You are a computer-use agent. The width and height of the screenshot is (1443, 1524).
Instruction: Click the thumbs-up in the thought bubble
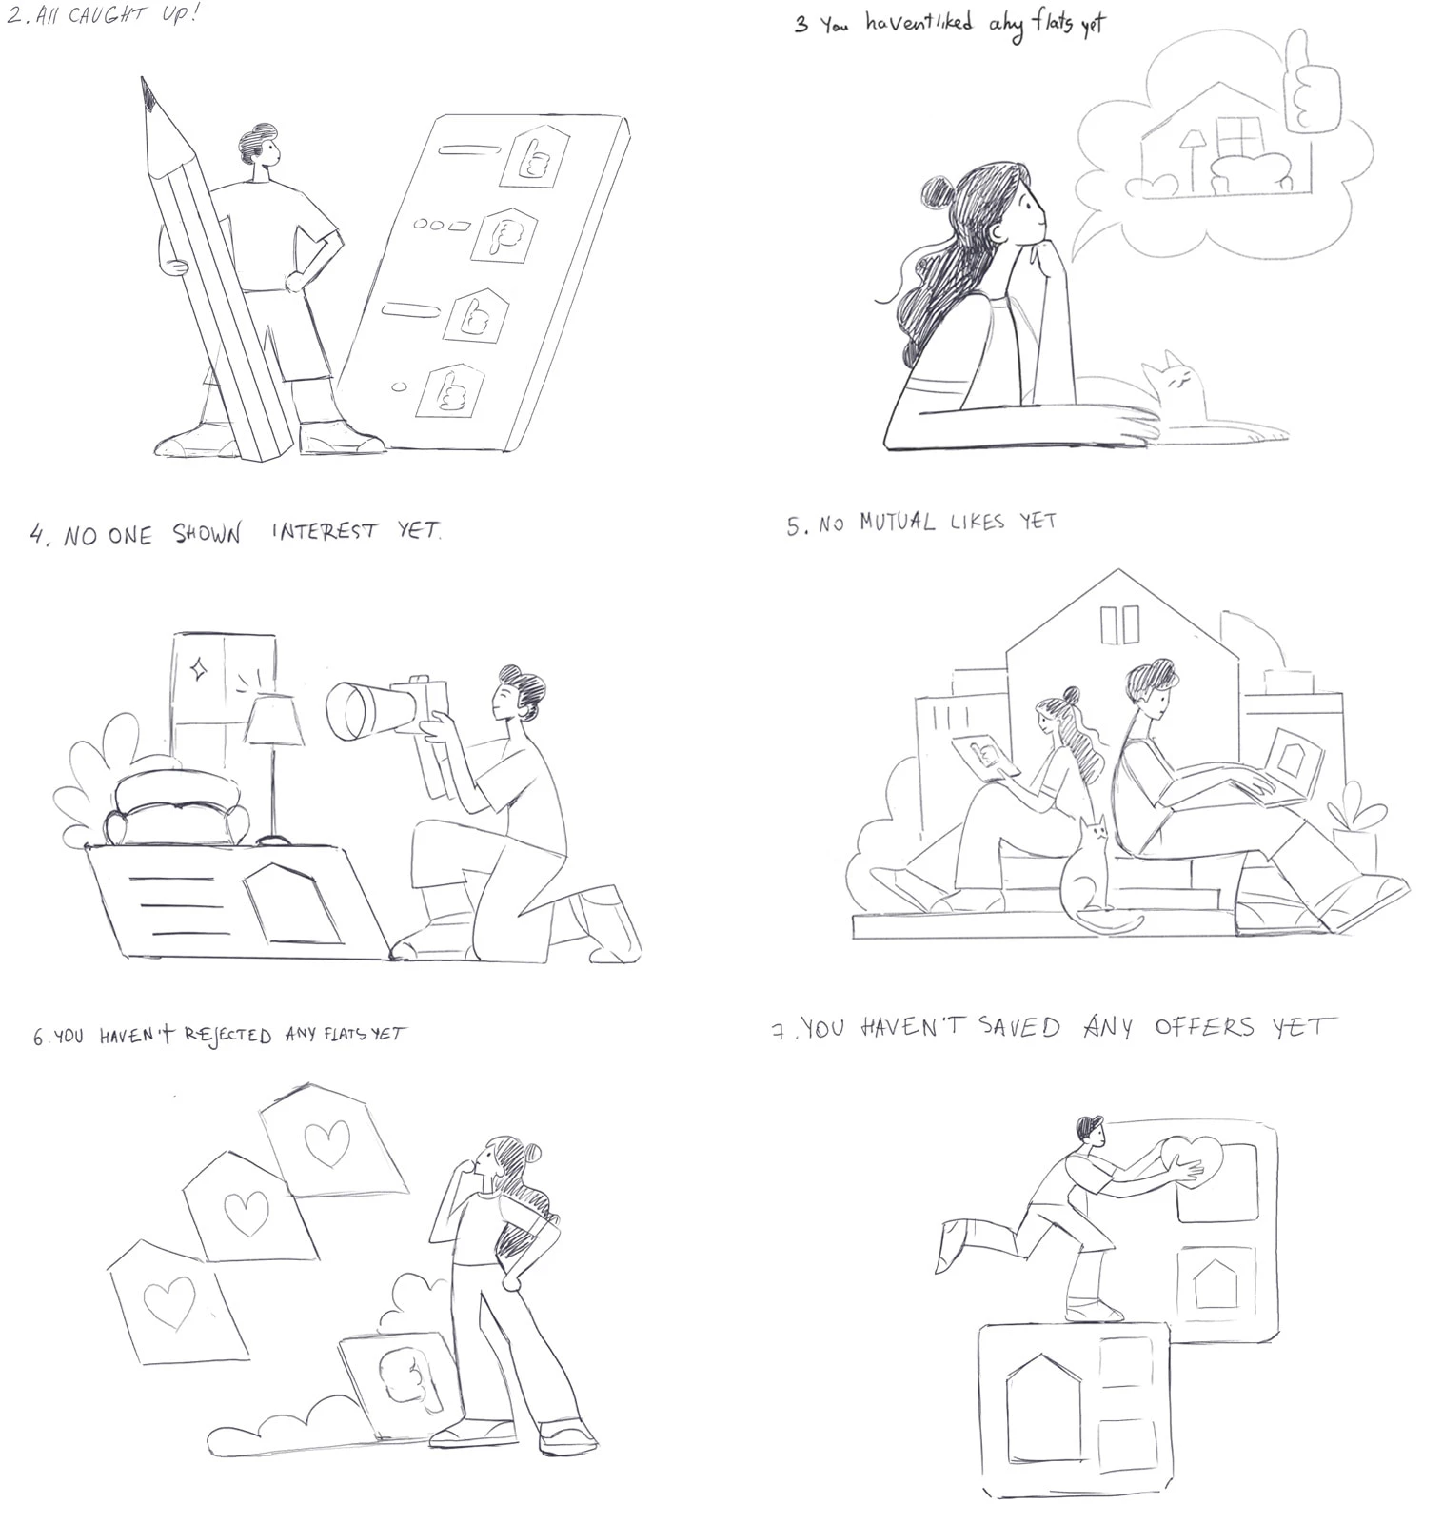click(x=1312, y=81)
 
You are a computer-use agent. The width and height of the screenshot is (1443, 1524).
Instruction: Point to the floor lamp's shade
click(x=274, y=720)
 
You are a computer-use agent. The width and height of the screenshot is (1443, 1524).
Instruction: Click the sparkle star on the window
click(x=199, y=669)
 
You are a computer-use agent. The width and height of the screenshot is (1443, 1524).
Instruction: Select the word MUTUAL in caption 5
click(x=897, y=523)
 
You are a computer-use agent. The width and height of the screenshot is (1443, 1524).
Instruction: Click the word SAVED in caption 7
click(x=1018, y=1027)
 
